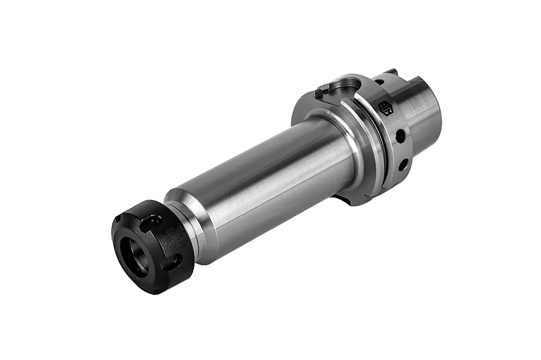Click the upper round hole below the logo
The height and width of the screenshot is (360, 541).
(400, 136)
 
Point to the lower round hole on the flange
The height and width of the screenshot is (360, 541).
(403, 164)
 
